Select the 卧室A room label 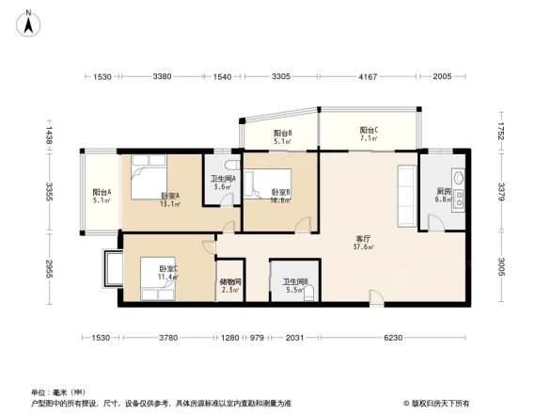coord(168,196)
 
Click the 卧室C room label coord(168,271)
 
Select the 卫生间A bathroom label coord(222,181)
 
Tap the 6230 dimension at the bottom coord(392,338)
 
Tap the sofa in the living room coord(406,196)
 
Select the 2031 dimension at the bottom coord(293,338)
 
